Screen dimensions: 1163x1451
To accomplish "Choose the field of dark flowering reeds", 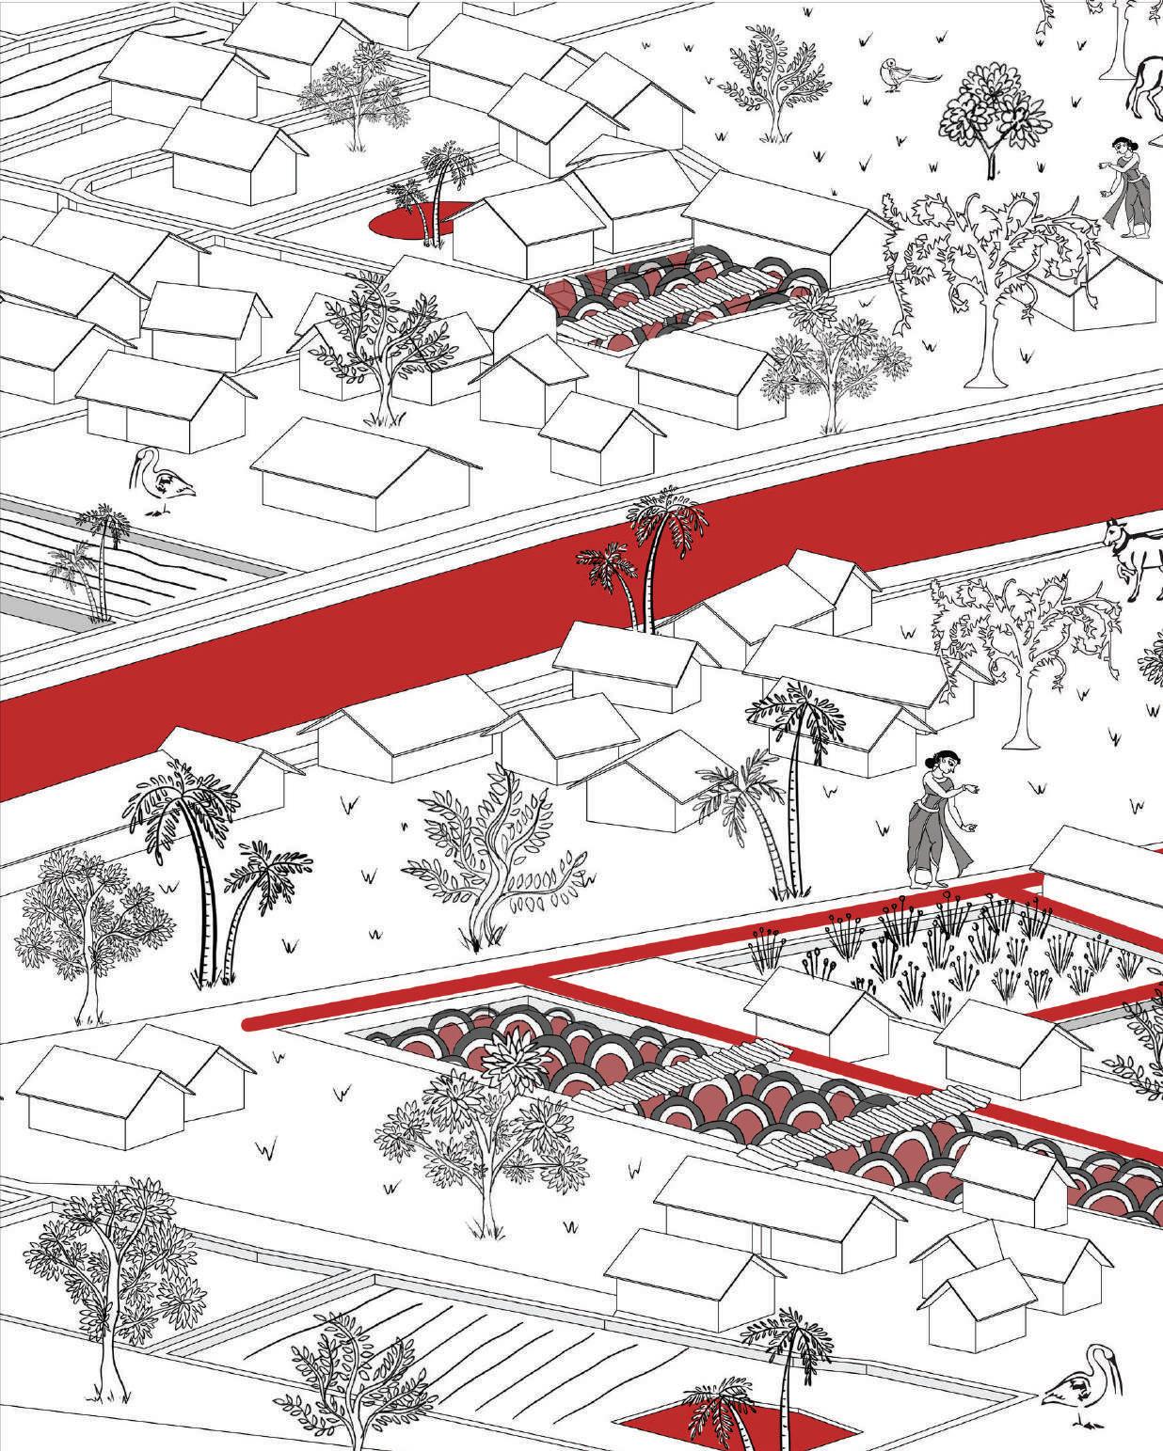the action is [941, 950].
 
